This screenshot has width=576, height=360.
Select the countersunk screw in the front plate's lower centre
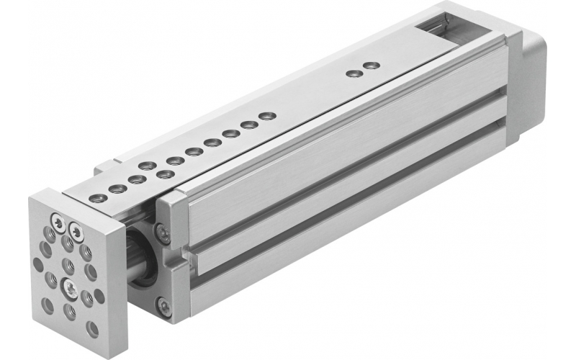pos(71,290)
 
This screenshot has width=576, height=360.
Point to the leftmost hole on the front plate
pos(37,264)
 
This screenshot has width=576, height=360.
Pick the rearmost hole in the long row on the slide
pos(267,115)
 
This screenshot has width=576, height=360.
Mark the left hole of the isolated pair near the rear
pos(353,73)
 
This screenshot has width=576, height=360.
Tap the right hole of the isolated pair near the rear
pos(371,66)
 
